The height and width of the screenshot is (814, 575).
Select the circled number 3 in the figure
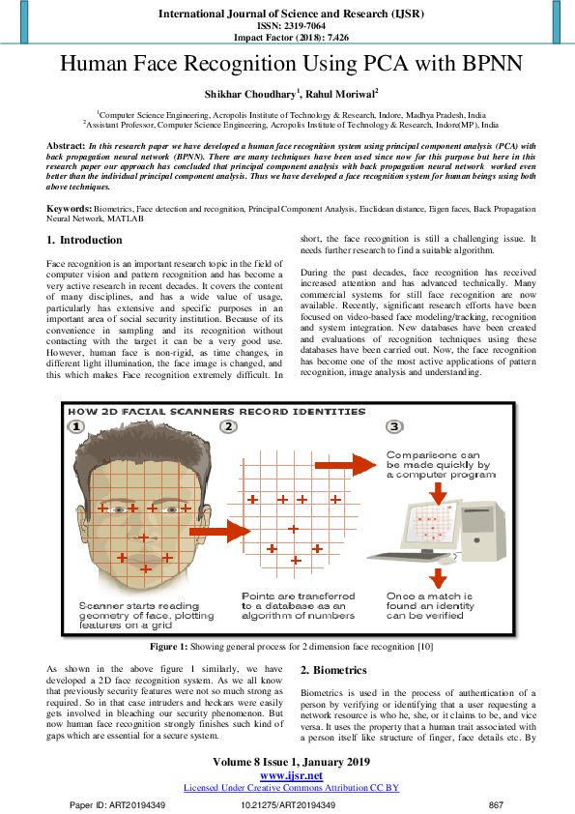coord(394,426)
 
